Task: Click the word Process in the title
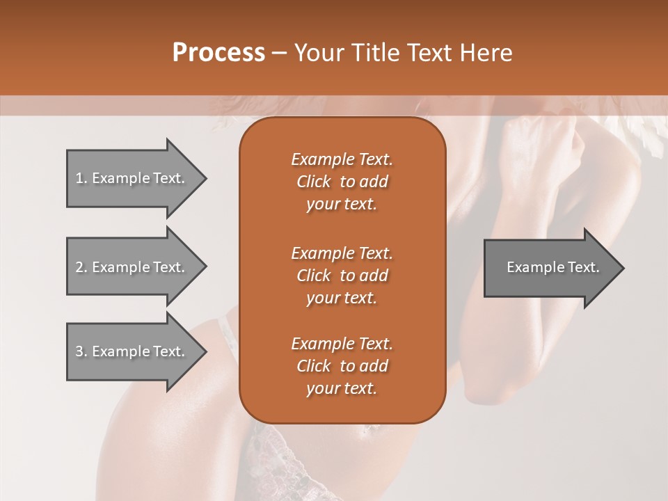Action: (218, 53)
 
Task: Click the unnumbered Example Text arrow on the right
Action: (550, 267)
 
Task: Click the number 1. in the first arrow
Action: (81, 178)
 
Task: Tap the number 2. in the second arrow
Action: (81, 267)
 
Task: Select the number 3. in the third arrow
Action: (81, 351)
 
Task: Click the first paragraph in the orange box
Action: (342, 182)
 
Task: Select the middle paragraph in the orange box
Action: (342, 276)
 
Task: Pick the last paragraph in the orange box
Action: (342, 366)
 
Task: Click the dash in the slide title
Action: (280, 54)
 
